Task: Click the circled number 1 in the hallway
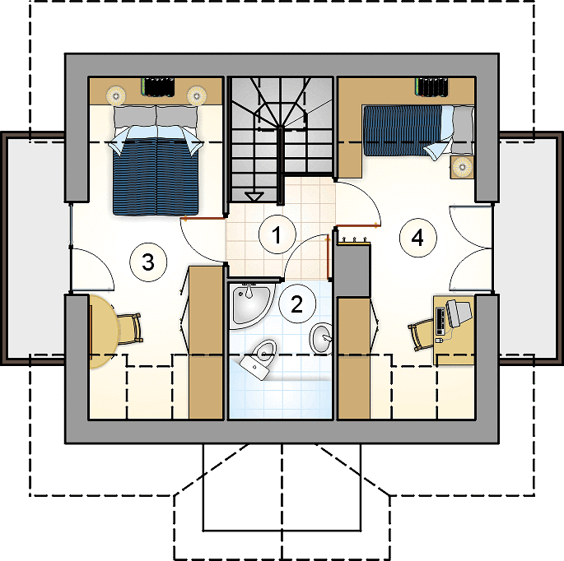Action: click(277, 235)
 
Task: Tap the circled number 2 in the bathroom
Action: click(296, 304)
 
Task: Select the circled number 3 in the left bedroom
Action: click(148, 262)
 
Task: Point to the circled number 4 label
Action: click(418, 238)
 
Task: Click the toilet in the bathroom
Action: click(259, 358)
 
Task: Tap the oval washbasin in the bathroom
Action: click(321, 338)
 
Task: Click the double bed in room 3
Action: click(156, 160)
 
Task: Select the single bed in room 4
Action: click(418, 131)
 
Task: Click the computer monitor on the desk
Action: click(459, 313)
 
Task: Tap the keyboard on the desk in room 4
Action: click(440, 322)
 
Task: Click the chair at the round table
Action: click(130, 328)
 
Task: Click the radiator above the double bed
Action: click(157, 86)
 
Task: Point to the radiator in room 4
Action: click(431, 87)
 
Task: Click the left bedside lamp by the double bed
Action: click(116, 96)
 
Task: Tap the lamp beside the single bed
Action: click(462, 167)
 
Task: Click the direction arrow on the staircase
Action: click(254, 197)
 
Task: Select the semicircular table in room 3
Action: click(103, 331)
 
